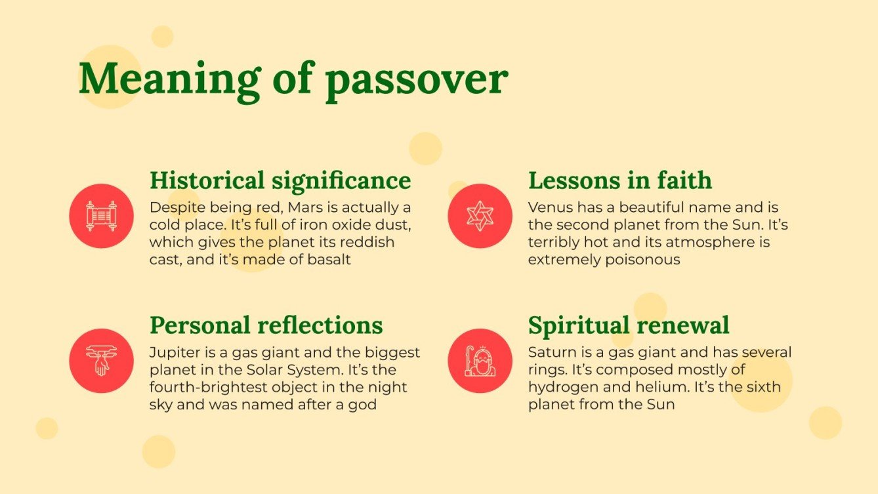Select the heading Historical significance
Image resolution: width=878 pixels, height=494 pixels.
point(280,180)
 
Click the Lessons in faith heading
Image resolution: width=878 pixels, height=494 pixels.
point(619,180)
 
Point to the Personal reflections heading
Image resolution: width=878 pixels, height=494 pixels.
point(266,325)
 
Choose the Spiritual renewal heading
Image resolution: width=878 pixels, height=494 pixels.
point(628,325)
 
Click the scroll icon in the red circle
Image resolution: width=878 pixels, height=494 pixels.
point(101,216)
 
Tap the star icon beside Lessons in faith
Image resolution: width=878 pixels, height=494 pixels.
point(480,216)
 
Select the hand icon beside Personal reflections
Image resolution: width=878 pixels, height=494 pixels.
point(101,361)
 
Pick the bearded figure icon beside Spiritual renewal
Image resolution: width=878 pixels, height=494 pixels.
point(480,361)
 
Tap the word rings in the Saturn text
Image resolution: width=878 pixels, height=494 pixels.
point(544,370)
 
